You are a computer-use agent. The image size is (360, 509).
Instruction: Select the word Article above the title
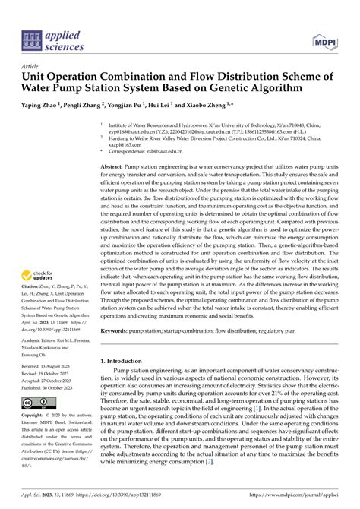pos(31,66)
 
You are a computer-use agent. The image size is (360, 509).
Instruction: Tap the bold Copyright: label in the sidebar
pos(34,416)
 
